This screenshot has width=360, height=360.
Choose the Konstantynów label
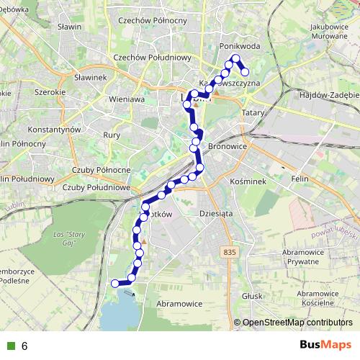[52, 130]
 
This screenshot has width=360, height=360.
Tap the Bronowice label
[228, 146]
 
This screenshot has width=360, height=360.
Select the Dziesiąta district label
[215, 213]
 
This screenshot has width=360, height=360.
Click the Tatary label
[253, 113]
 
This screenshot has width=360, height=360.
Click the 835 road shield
[229, 251]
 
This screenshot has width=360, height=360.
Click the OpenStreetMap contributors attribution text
[297, 323]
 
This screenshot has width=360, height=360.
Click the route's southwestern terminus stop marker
[114, 284]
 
